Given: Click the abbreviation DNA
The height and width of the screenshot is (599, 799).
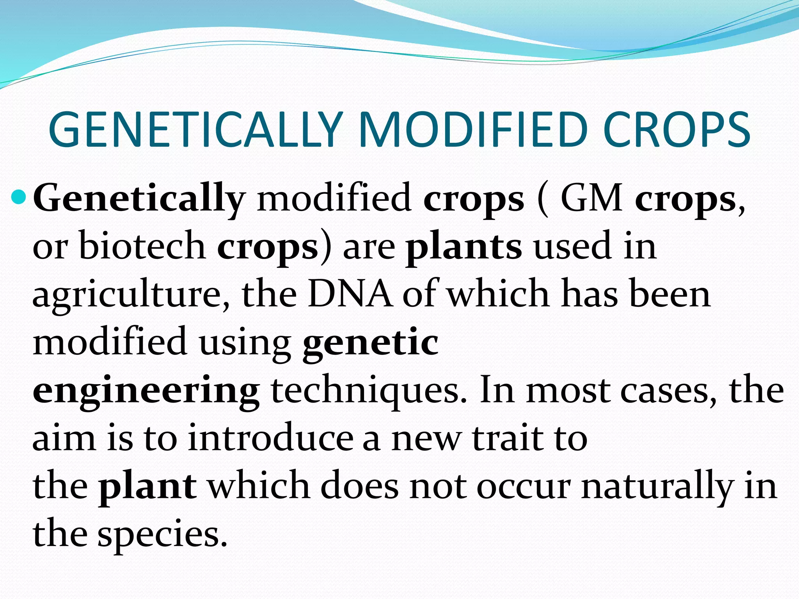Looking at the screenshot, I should pos(350,294).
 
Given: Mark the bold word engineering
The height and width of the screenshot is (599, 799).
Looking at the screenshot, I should pos(146,392).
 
